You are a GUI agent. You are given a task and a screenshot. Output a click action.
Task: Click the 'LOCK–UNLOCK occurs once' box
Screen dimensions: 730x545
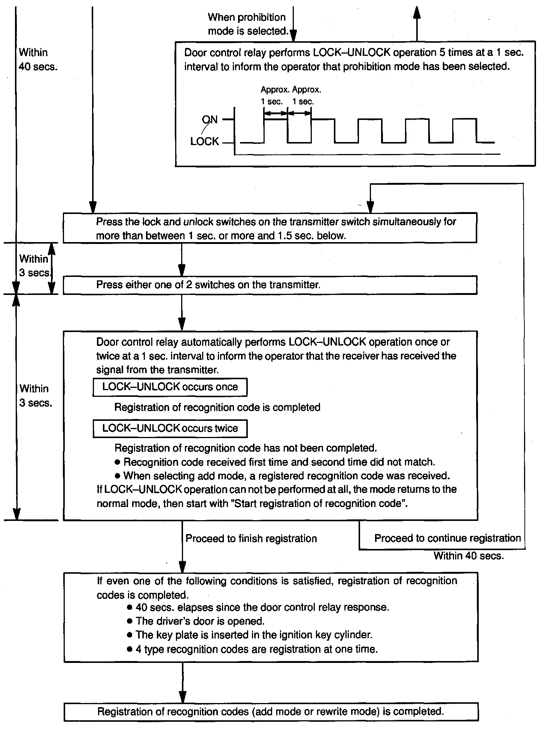[170, 387]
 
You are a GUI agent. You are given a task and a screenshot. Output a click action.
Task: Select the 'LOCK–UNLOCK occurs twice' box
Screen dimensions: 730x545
[170, 428]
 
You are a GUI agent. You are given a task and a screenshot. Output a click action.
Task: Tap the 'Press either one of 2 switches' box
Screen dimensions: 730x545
[270, 285]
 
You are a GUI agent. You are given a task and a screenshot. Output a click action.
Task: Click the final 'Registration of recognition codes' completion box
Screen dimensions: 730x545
[271, 712]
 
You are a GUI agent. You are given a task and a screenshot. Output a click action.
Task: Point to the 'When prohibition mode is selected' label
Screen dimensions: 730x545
[247, 24]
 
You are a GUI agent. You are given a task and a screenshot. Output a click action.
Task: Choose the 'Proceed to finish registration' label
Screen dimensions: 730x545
[251, 539]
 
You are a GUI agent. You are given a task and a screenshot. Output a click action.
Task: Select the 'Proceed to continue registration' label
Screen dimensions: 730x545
[448, 538]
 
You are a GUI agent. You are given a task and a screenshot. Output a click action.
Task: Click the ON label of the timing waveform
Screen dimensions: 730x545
[210, 120]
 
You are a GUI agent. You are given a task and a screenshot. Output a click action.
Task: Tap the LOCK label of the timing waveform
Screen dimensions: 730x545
[204, 141]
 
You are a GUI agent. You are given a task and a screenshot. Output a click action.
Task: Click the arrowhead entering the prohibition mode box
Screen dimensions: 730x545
[293, 36]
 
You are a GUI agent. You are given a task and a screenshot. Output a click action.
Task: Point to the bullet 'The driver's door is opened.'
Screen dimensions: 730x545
[200, 621]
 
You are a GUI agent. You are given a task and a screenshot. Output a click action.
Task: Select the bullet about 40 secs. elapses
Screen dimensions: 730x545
[262, 607]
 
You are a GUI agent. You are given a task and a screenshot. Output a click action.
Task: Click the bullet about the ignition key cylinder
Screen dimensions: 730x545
[254, 635]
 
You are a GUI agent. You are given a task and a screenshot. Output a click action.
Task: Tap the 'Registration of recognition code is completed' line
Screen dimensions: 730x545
[217, 407]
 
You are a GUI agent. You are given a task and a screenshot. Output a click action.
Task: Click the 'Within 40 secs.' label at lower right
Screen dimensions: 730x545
[469, 556]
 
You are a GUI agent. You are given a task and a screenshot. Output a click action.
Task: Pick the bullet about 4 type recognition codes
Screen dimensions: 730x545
[256, 649]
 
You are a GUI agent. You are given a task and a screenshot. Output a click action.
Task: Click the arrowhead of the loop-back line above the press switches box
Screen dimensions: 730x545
[370, 207]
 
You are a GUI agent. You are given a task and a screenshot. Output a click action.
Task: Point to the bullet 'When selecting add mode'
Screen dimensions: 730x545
[286, 476]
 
